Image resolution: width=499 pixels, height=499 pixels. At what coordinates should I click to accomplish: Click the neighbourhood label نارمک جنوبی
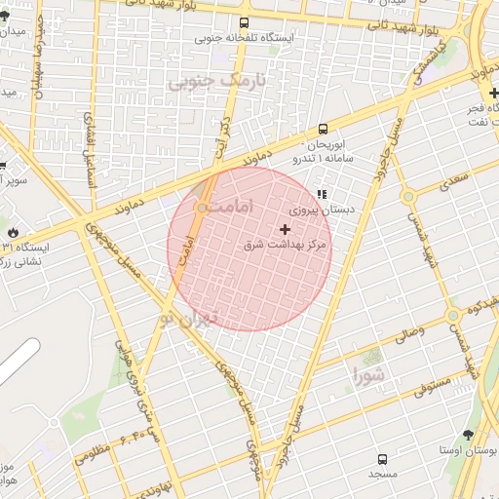216,82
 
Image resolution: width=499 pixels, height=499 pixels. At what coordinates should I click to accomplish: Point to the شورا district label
369,374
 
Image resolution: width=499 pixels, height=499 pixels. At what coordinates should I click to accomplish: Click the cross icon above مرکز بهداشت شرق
285,230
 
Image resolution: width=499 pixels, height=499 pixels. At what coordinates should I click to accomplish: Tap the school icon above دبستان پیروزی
322,194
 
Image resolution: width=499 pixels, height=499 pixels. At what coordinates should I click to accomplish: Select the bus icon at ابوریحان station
323,129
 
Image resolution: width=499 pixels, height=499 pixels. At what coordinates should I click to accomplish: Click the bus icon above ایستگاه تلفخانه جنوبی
244,23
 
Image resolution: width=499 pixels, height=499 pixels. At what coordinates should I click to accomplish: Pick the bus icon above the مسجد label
382,458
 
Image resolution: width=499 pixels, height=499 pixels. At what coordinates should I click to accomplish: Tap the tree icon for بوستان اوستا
469,435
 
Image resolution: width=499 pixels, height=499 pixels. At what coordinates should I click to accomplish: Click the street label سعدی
453,181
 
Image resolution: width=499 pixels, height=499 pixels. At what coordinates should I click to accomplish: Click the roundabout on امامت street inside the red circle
202,208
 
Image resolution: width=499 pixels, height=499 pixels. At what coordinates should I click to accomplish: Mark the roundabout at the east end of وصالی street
452,316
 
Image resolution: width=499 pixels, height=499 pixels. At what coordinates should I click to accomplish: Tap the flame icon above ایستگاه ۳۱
13,233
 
